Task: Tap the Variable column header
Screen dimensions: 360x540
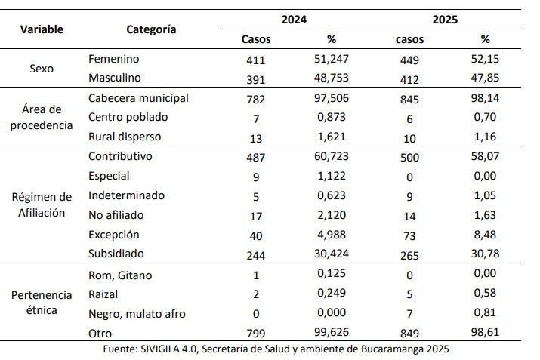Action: pos(42,29)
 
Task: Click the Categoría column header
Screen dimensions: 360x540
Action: pos(151,29)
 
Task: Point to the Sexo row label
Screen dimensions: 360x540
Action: pos(42,68)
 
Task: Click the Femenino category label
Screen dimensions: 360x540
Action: pos(114,58)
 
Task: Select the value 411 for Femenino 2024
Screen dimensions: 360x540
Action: pos(257,59)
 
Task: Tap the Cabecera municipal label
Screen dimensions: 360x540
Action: pos(138,98)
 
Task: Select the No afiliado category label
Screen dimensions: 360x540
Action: pos(116,214)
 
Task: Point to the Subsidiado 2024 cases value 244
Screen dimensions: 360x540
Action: pos(257,254)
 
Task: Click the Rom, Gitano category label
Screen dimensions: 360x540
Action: pos(120,275)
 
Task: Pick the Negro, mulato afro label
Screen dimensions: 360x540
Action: pos(137,313)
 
